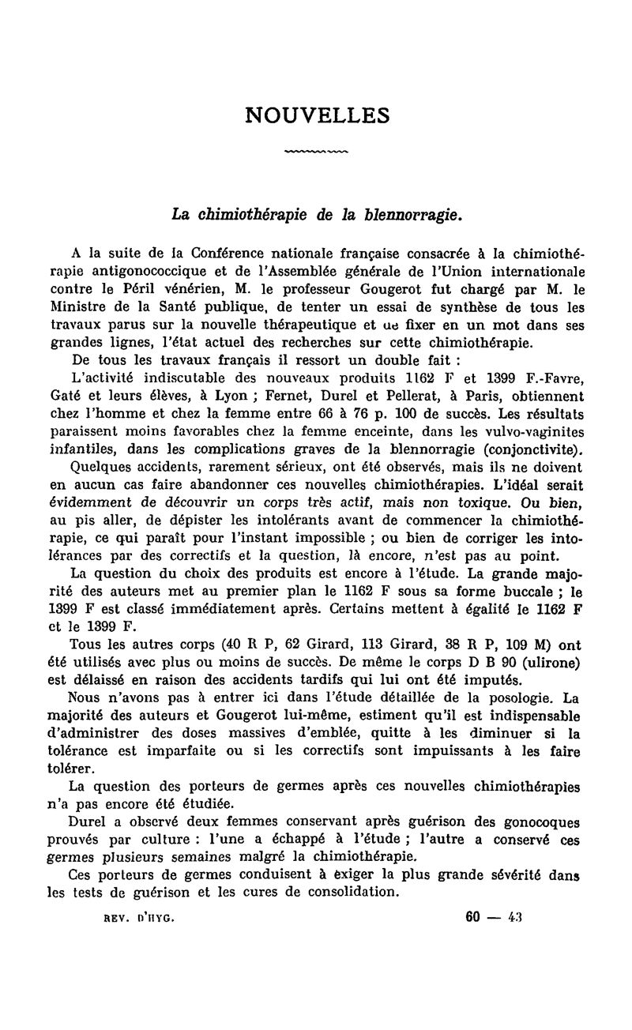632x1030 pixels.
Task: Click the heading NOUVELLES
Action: pyautogui.click(x=318, y=115)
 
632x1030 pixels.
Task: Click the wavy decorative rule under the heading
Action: pyautogui.click(x=316, y=150)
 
